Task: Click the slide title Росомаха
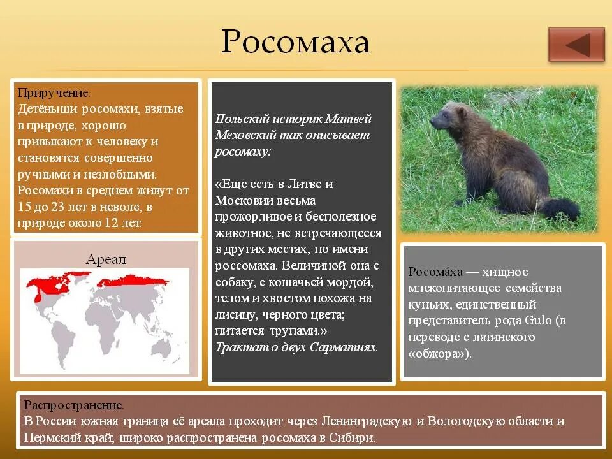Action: pos(295,43)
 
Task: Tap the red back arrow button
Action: pos(576,45)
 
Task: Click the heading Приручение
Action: pos(58,93)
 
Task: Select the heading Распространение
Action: pos(74,405)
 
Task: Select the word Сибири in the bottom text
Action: pos(354,438)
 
